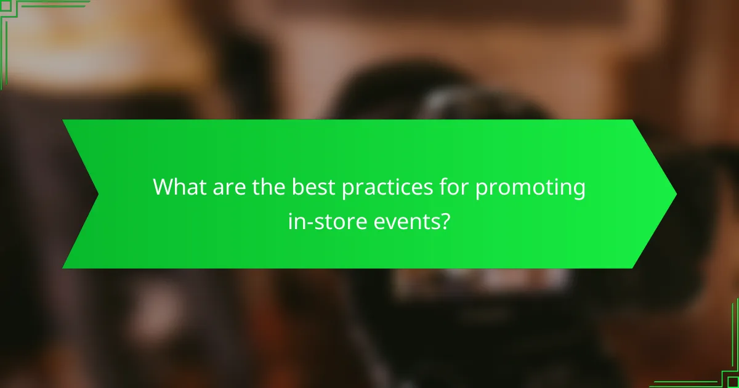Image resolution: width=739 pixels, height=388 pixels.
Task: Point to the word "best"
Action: [310, 187]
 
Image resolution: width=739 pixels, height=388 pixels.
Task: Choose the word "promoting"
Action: [530, 188]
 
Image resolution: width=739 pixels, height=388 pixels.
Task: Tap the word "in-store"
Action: [321, 220]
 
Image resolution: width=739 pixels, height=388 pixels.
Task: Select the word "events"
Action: [403, 220]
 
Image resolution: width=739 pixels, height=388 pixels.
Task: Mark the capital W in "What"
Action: [163, 187]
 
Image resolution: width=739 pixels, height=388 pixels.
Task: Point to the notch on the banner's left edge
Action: [98, 194]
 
